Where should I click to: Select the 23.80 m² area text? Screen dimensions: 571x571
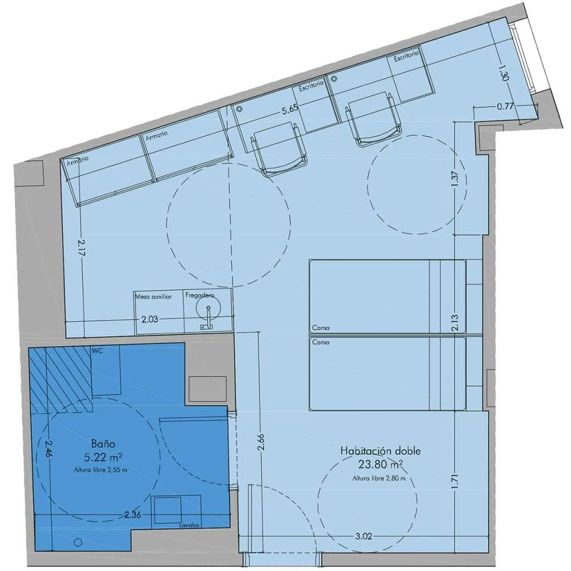point(381,463)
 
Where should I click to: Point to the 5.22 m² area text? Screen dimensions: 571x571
point(103,457)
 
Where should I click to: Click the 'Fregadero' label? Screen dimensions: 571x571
point(200,297)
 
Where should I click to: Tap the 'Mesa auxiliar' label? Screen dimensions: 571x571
point(154,297)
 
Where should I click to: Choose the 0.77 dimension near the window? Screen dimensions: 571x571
point(505,108)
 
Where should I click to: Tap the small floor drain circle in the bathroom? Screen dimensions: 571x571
point(78,542)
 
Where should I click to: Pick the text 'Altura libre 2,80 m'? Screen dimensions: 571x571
point(379,478)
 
